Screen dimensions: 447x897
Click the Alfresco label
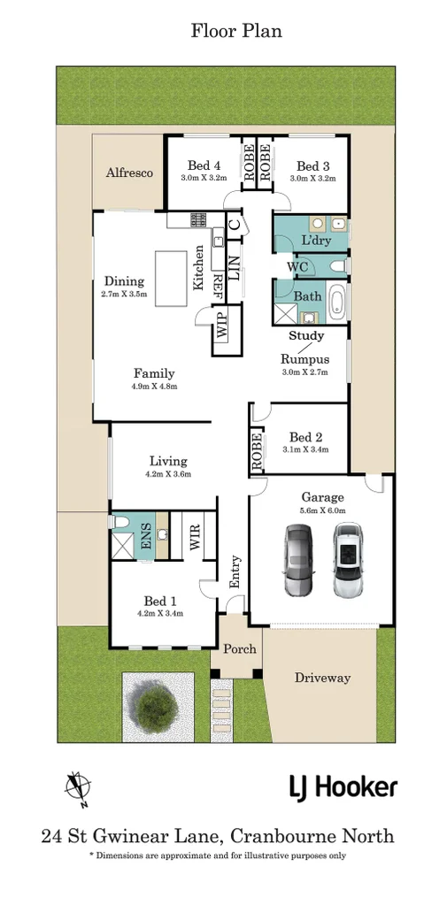(x=129, y=172)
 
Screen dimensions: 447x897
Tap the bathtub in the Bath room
(x=336, y=302)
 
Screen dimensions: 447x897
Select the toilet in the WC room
(x=337, y=266)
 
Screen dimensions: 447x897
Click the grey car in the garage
(x=298, y=560)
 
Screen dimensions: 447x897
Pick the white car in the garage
(x=348, y=560)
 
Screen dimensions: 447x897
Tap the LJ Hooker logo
(x=343, y=788)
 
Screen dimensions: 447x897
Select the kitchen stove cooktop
(x=198, y=218)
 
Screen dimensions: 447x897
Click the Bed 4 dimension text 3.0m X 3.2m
(x=200, y=178)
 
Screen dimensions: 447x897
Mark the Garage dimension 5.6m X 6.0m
(x=324, y=510)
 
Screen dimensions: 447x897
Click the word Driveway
(x=322, y=678)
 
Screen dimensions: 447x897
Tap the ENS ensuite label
(x=145, y=535)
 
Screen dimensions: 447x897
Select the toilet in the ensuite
(x=119, y=522)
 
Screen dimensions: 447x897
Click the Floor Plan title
(x=236, y=30)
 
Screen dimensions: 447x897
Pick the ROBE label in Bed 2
(x=257, y=453)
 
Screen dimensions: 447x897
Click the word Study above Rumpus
(x=306, y=336)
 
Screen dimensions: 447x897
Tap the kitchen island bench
(x=171, y=279)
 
